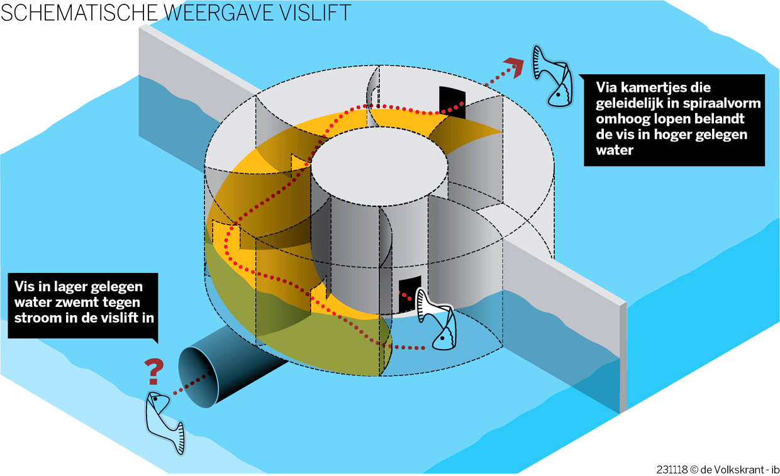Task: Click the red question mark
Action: pos(152,371)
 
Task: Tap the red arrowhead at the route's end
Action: pos(516,65)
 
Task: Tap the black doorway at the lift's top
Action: pos(452,102)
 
